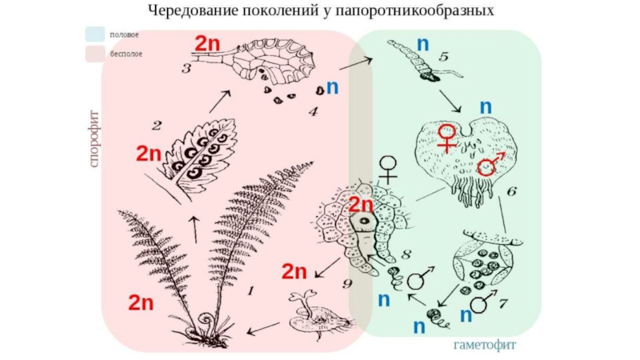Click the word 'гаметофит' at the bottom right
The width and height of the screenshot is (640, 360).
pos(486,346)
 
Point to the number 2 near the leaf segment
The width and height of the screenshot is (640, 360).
pos(157,125)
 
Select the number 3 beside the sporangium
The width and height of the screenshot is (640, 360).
pos(186,69)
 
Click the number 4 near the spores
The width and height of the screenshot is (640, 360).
pos(313,111)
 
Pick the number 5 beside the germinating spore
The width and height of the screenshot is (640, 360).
pos(444,57)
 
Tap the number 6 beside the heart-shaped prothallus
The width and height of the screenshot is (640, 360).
pos(512,191)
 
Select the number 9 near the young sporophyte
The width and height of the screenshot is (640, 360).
pos(347,282)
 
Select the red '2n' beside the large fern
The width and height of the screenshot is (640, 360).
pos(141,302)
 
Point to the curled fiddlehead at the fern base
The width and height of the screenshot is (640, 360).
pos(207,325)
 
